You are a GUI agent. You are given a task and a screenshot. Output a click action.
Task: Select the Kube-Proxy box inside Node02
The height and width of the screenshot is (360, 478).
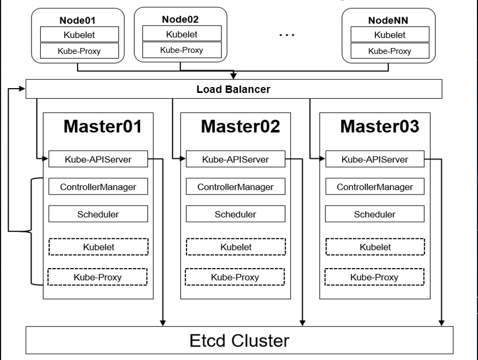tap(181, 50)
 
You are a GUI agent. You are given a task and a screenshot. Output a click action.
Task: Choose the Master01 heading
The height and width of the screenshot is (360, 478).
tap(103, 127)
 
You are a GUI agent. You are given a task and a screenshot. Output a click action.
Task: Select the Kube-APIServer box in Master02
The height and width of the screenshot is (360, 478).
tap(235, 159)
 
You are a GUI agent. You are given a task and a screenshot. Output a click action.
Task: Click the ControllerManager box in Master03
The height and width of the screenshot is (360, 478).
tap(374, 187)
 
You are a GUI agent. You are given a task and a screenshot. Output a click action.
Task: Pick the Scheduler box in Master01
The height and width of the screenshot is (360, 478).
tap(97, 214)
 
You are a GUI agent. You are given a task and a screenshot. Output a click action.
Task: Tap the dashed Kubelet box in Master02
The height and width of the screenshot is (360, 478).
tap(235, 247)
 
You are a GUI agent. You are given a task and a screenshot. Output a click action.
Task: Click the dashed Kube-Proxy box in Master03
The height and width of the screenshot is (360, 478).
tap(374, 277)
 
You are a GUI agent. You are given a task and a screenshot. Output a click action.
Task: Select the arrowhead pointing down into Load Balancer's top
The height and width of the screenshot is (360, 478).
tap(233, 76)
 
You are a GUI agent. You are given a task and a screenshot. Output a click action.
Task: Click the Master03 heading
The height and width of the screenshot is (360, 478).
tap(380, 127)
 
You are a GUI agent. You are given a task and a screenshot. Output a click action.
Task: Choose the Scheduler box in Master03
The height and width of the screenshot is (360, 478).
tap(374, 214)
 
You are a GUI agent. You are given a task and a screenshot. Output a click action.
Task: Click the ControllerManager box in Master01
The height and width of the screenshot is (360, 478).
tap(97, 187)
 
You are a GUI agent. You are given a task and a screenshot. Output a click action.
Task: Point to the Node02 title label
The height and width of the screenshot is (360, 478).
tap(181, 20)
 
